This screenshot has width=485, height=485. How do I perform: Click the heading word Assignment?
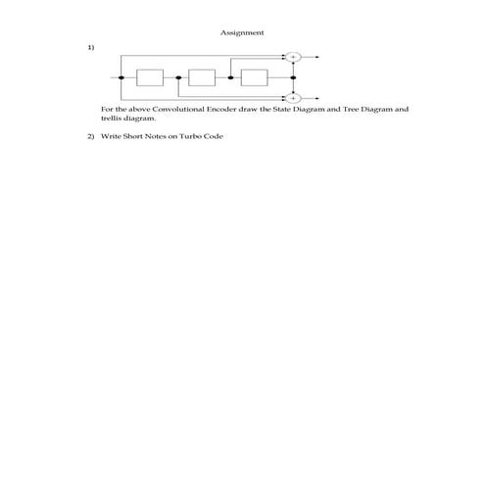pyautogui.click(x=242, y=32)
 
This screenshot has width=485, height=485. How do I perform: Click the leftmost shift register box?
pyautogui.click(x=149, y=77)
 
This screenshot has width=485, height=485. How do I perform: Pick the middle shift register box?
pyautogui.click(x=202, y=77)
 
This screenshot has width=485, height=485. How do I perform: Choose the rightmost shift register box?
pyautogui.click(x=254, y=77)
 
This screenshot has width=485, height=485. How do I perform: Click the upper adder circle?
pyautogui.click(x=293, y=57)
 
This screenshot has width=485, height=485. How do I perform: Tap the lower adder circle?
pyautogui.click(x=293, y=98)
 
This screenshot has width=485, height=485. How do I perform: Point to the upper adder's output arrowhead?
pyautogui.click(x=319, y=57)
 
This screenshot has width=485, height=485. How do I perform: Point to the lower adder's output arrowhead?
pyautogui.click(x=319, y=98)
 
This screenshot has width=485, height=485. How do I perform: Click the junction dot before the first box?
pyautogui.click(x=121, y=77)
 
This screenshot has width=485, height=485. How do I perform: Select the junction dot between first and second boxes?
pyautogui.click(x=177, y=77)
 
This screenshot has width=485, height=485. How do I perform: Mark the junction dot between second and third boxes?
pyautogui.click(x=230, y=77)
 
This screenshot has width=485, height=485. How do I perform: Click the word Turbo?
pyautogui.click(x=192, y=135)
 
